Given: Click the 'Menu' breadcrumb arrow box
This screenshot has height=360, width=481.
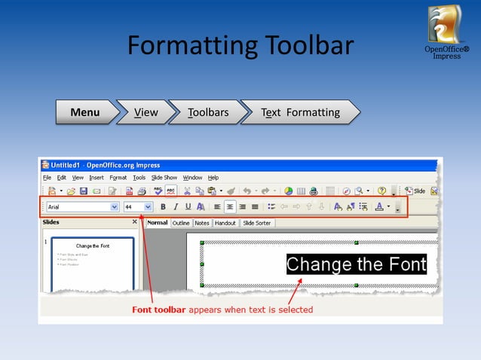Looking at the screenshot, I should point(85,112).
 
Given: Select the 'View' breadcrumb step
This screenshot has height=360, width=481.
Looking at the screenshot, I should point(146,112).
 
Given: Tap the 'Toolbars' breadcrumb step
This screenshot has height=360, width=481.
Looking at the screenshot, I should point(208,112).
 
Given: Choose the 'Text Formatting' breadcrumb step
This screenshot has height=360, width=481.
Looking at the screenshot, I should point(300,112).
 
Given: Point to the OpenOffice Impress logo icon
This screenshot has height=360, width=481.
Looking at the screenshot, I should point(446,25).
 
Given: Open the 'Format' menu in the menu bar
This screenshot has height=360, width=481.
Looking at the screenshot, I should point(118,178).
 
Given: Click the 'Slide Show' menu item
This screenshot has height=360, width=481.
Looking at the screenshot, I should point(164,178).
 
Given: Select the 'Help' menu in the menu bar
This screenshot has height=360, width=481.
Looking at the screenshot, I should point(213,178).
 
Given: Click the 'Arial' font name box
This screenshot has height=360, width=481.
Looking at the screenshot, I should point(78,206).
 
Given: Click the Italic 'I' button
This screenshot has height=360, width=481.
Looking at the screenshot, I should point(176,206).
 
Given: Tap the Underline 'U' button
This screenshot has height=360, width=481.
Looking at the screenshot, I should point(188,206).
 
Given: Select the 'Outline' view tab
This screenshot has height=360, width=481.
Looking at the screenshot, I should point(181,223).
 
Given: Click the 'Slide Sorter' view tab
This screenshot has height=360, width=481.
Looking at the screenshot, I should point(257,223).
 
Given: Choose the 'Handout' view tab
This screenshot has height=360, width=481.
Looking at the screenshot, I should point(225,223).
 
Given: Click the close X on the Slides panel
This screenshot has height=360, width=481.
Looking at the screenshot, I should point(135,222).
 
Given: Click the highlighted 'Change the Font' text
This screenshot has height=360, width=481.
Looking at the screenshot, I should point(356,264).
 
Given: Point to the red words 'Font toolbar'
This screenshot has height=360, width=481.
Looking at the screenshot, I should point(158,310).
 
